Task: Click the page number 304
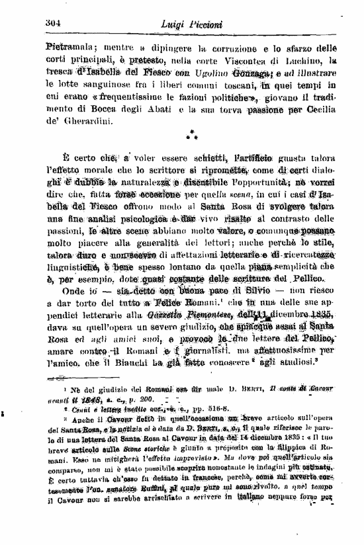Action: click(54, 24)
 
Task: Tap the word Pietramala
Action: click(69, 48)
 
